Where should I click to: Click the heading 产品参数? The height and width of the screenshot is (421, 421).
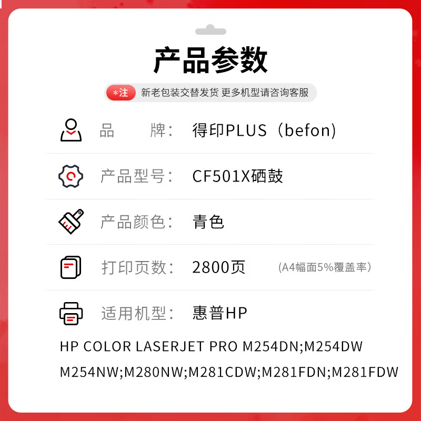[x=210, y=60]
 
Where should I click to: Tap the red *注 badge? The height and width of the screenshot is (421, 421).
[x=121, y=93]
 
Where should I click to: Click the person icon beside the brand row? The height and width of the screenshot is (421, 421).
[x=71, y=130]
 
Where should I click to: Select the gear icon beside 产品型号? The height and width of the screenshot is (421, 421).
[x=71, y=176]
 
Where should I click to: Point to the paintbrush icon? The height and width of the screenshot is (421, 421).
[x=71, y=222]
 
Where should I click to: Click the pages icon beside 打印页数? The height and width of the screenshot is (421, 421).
[x=71, y=267]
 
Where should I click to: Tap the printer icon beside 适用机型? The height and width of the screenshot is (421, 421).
[x=71, y=314]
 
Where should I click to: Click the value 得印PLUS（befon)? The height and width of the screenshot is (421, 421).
[x=264, y=130]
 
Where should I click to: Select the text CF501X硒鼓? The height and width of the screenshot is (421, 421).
[x=238, y=176]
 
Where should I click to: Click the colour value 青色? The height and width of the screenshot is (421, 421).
[x=208, y=222]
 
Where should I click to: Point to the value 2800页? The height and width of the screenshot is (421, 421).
[x=219, y=267]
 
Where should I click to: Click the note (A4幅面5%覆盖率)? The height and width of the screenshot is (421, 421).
[x=325, y=267]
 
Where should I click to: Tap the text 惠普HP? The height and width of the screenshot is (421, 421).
[x=220, y=313]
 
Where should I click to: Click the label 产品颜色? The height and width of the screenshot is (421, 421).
[x=133, y=222]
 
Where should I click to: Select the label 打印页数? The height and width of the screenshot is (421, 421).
[x=134, y=267]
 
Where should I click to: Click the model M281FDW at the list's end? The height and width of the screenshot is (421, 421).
[x=365, y=372]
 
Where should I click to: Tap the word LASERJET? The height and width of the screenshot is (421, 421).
[x=170, y=346]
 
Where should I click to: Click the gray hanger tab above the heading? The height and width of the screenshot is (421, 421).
[x=210, y=30]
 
